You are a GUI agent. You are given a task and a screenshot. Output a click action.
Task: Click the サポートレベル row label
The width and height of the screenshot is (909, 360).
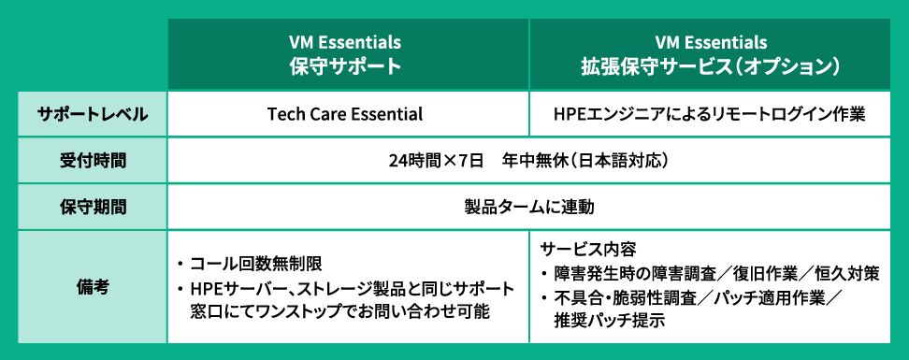(x=93, y=114)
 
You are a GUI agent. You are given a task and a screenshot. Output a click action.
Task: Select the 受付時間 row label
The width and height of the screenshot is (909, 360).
(x=93, y=161)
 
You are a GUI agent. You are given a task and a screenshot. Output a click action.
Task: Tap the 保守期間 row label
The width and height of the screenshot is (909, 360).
(x=93, y=207)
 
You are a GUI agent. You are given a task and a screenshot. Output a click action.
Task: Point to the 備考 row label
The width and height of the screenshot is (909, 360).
(x=93, y=286)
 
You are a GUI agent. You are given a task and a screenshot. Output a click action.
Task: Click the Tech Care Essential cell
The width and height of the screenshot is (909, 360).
(x=345, y=114)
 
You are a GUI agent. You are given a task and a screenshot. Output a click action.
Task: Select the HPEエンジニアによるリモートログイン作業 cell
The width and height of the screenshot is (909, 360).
(x=710, y=114)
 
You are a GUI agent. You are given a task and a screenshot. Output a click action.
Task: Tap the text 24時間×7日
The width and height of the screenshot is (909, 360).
(x=437, y=161)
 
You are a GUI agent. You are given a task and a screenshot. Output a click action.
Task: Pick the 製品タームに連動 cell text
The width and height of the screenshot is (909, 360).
(x=528, y=207)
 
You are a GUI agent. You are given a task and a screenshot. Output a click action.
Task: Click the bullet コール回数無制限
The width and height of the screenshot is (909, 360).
(x=255, y=265)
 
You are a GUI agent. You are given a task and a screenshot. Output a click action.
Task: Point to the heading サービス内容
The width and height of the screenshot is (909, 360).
(x=588, y=250)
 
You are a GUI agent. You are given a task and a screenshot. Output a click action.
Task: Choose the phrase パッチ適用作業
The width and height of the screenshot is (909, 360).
(x=769, y=297)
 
